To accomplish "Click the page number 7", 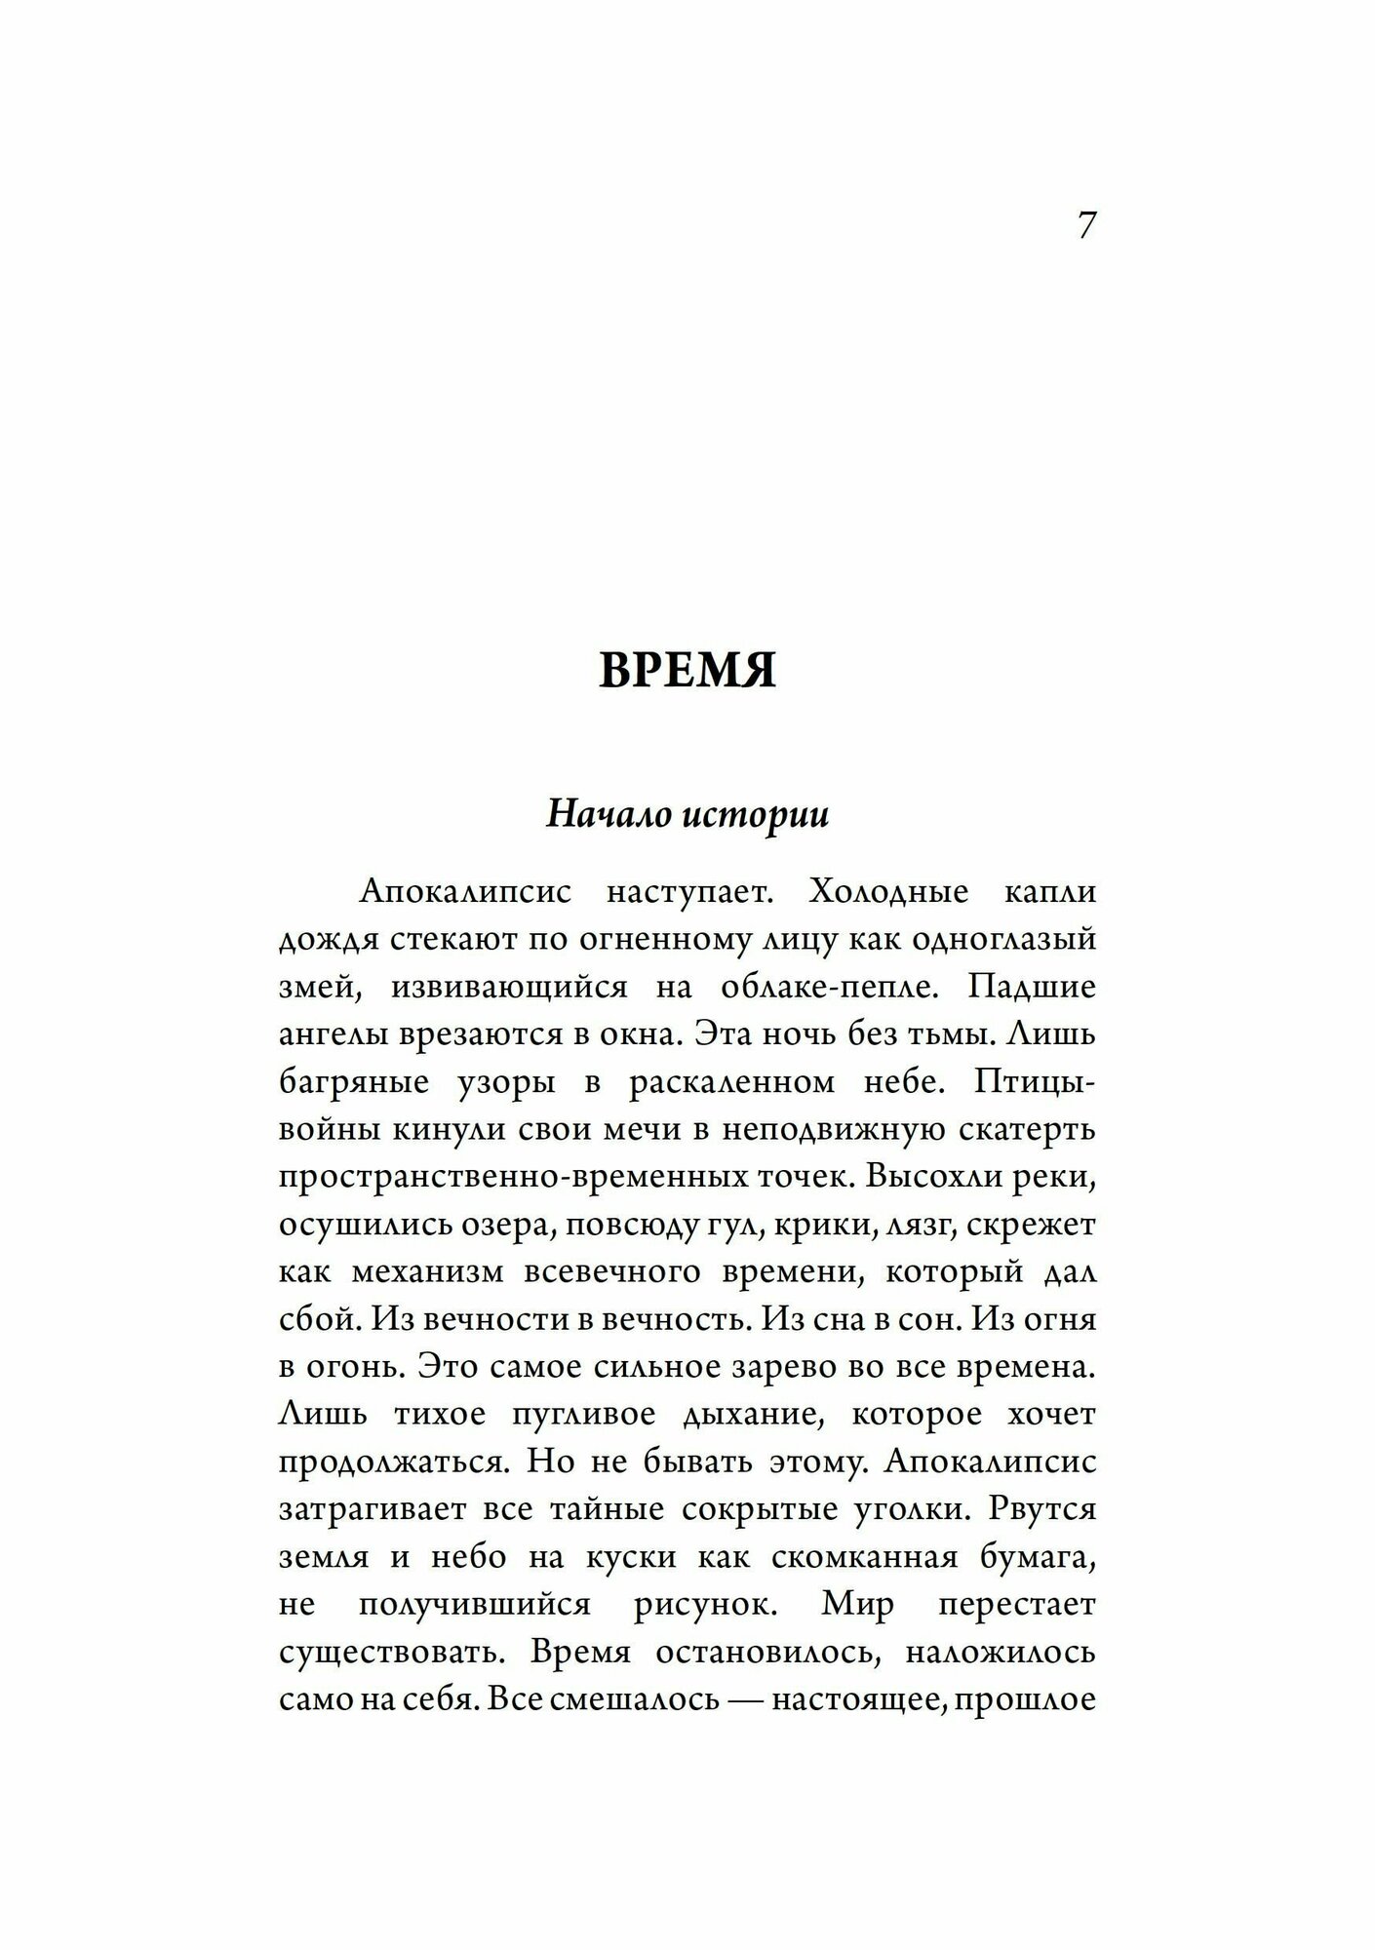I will [x=1087, y=225].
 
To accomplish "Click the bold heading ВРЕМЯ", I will [x=687, y=671].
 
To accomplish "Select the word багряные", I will [x=345, y=1082].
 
